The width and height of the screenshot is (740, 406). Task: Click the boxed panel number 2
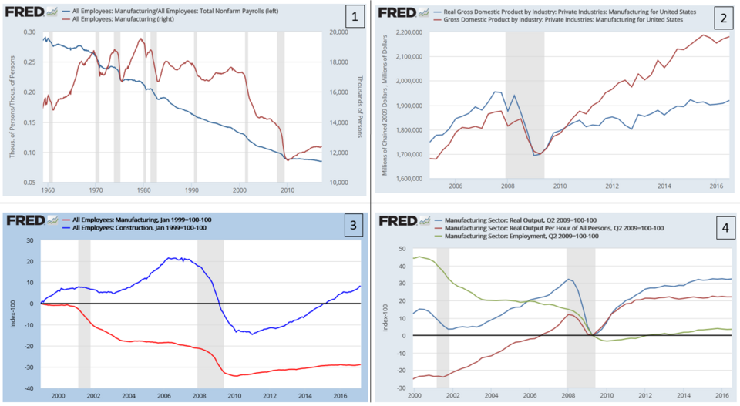click(722, 16)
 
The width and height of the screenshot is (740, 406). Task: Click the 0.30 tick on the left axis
click(29, 32)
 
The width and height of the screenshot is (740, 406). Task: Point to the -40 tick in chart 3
click(29, 388)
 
